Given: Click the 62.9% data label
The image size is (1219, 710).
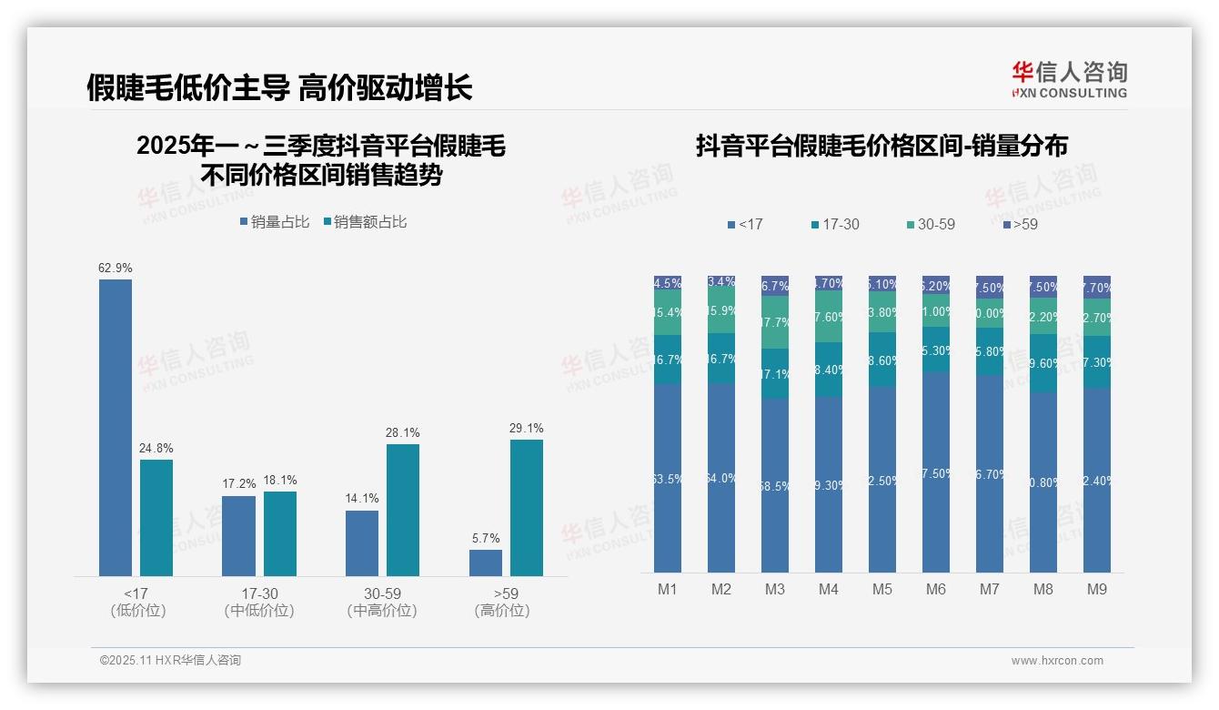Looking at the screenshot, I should click(x=116, y=268).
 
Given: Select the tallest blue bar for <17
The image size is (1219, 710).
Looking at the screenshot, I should click(x=116, y=427).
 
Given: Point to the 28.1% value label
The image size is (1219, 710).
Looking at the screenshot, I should click(x=403, y=432).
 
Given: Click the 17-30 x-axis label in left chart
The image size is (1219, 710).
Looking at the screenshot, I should click(x=259, y=593).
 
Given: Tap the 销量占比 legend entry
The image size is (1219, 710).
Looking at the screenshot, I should click(x=275, y=222).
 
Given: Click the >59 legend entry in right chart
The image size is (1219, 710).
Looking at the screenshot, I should click(x=1020, y=224).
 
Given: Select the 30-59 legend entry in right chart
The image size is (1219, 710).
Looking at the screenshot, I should click(x=931, y=224).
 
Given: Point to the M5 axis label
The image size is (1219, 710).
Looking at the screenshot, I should click(x=882, y=589).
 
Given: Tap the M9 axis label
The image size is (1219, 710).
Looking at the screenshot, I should click(x=1097, y=589).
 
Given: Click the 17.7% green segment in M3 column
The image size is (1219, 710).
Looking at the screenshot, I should click(x=775, y=322).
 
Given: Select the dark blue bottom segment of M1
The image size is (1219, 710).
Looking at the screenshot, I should click(x=668, y=478).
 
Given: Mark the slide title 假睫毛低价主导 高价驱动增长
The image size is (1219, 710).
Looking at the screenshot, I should click(x=279, y=88).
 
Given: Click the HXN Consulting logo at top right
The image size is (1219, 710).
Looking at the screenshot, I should click(x=1069, y=79).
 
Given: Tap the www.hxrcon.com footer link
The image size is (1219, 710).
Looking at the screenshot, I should click(x=1057, y=661).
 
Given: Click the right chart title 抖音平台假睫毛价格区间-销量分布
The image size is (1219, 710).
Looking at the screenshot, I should click(x=882, y=146).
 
